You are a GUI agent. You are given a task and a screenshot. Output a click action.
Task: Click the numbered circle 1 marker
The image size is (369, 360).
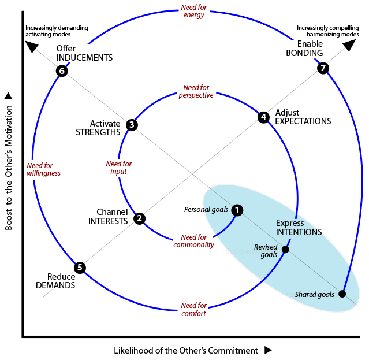237,210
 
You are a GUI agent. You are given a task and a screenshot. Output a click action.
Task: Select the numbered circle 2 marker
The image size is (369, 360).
139,218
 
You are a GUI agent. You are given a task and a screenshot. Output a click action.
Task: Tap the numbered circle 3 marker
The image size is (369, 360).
132,124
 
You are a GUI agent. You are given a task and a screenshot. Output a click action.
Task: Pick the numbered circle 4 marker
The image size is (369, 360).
263,117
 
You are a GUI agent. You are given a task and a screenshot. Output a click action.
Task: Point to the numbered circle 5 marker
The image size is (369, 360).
80,268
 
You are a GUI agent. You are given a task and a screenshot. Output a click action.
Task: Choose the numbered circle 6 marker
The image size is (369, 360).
62,71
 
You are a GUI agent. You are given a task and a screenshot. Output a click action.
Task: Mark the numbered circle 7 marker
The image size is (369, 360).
323,68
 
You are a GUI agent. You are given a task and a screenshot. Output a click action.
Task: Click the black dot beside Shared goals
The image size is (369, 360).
342,294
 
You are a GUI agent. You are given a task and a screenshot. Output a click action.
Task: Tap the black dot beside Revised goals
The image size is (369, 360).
285,249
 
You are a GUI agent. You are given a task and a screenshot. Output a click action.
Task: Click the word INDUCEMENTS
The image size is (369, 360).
84,58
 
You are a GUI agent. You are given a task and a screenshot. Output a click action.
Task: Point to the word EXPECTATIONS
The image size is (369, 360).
303,121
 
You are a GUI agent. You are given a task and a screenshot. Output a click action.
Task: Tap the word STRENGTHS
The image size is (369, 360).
98,132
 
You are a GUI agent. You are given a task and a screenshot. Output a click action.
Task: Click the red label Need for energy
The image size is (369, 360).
193,12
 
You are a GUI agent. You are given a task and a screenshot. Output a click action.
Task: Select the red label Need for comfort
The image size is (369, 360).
193,309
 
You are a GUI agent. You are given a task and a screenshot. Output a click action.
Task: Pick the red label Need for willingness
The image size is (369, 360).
43,168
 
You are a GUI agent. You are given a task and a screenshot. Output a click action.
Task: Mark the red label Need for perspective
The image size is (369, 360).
195,91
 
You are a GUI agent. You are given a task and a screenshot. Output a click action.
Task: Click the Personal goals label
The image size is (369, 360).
206,209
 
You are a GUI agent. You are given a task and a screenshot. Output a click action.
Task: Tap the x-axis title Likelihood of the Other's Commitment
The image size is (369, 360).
185,350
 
